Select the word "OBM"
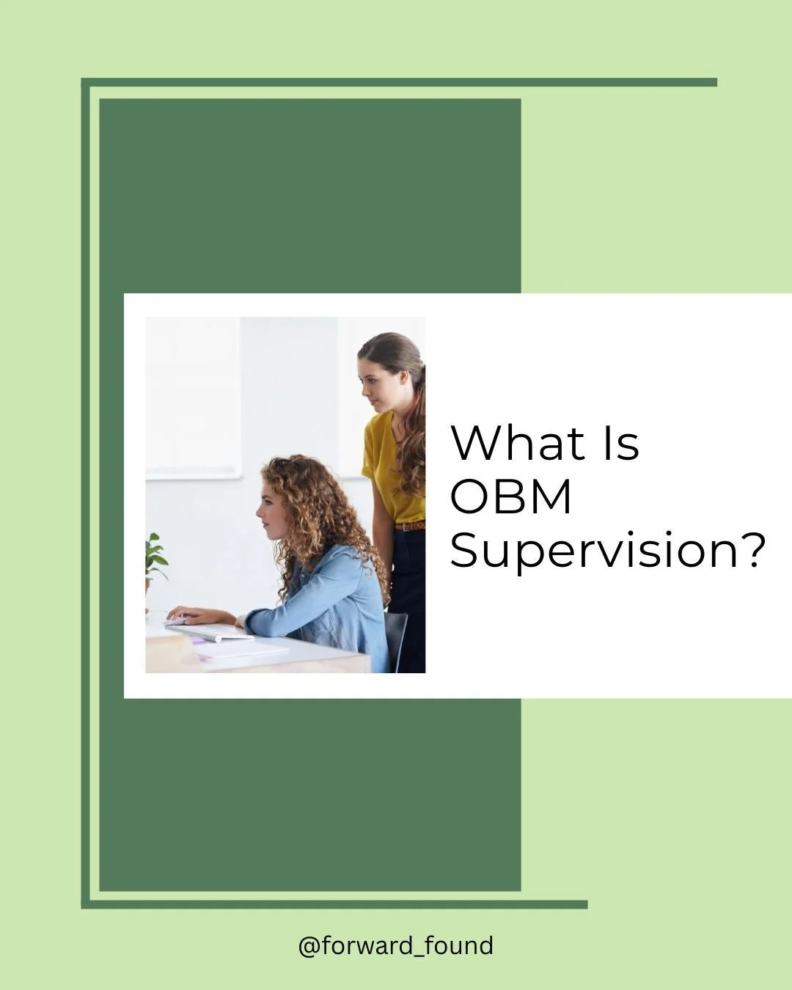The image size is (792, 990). pos(510,496)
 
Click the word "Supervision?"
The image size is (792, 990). pos(607,551)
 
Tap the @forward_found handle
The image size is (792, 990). pos(395,945)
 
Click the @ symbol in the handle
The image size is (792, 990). pos(309,946)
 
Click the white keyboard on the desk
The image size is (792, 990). pos(209,631)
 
